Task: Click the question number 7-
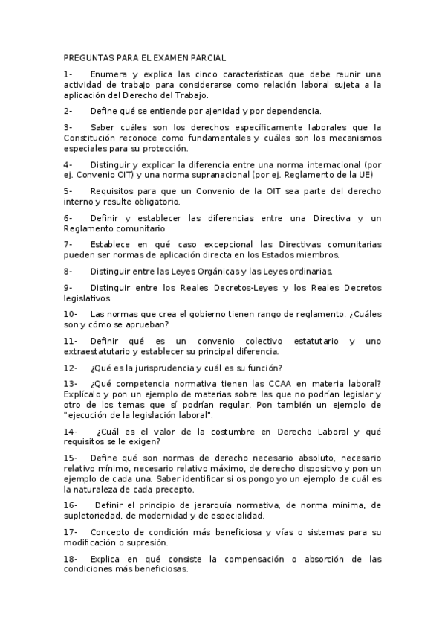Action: point(68,244)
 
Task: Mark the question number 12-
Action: point(71,368)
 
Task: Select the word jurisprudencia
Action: point(157,368)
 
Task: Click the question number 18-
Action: point(71,558)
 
